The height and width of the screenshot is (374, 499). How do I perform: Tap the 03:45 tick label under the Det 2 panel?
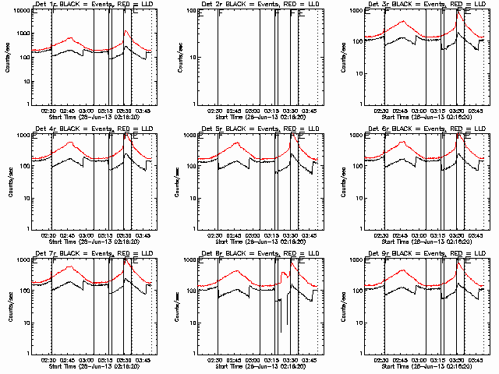coord(310,111)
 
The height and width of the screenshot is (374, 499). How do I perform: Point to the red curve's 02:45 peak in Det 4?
coord(71,143)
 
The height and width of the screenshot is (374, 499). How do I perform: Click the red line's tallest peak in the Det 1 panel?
coord(126,31)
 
